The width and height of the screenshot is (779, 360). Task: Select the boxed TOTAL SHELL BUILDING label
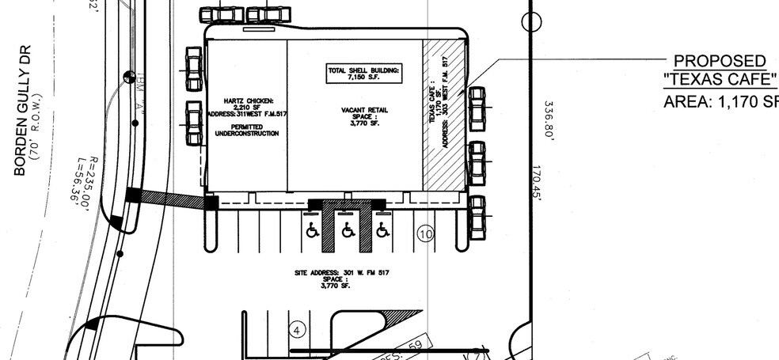coord(364,74)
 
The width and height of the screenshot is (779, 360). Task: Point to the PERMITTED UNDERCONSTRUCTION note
coord(246,130)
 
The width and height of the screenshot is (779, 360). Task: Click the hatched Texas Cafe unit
coord(443,115)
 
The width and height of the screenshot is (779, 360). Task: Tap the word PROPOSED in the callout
coord(719,62)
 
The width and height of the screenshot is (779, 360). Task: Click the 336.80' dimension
coord(549,119)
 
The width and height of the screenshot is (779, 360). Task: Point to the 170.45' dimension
coord(538,184)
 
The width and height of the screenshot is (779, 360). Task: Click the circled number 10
coord(426,234)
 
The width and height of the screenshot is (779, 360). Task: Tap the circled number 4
coord(298,330)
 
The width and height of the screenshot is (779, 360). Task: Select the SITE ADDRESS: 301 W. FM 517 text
coord(341,273)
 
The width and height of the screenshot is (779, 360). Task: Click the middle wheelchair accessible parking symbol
coord(348,230)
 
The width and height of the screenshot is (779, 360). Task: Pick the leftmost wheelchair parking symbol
coord(313,230)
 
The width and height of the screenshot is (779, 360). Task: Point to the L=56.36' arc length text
coord(83,192)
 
